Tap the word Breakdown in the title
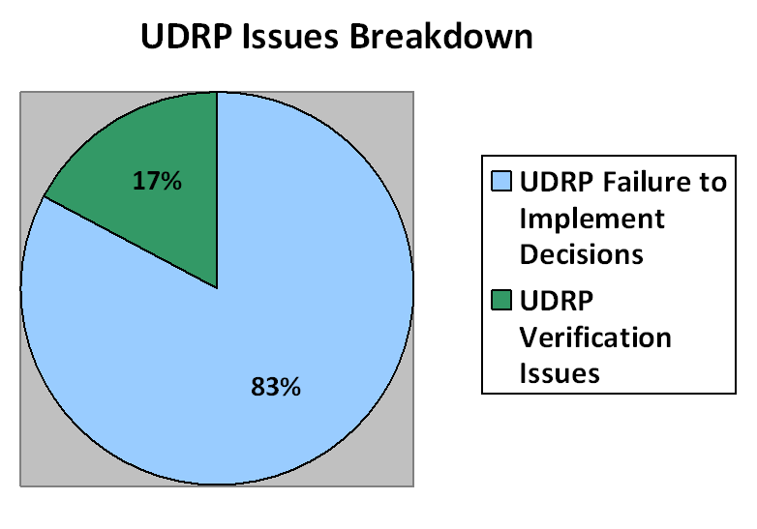tap(440, 36)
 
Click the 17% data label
tap(157, 181)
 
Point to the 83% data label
tap(276, 387)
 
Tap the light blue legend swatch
tap(501, 181)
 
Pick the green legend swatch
tap(501, 300)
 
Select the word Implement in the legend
tap(591, 219)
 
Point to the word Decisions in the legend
tap(581, 253)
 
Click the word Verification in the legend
tap(595, 337)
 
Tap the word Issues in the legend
tap(560, 372)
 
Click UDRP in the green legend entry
tap(557, 301)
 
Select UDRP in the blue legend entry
tap(557, 182)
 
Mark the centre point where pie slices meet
tap(217, 288)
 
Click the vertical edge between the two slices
tap(217, 190)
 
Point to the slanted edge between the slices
tap(131, 242)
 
